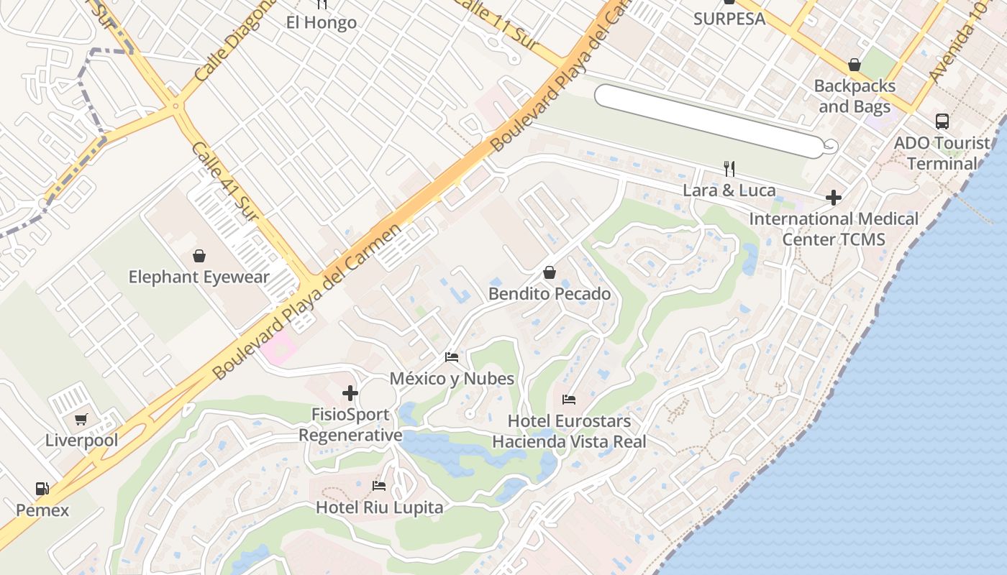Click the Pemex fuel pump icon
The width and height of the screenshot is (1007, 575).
coord(42,489)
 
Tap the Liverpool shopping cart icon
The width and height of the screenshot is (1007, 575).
coord(81,419)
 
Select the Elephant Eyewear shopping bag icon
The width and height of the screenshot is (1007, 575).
coord(199,255)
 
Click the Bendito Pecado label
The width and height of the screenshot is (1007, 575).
coord(550,294)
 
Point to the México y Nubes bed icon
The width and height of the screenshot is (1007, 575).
coord(452,356)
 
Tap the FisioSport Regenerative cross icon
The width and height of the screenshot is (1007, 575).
coord(350,393)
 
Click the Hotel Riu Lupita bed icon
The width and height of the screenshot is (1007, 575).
coord(379,486)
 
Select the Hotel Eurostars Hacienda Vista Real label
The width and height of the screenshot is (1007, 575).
coord(569,431)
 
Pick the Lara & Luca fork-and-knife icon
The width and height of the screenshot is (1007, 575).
coord(729,169)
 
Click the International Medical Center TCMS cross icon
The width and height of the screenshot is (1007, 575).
coord(834,197)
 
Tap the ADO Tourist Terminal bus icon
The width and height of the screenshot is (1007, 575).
coord(942,121)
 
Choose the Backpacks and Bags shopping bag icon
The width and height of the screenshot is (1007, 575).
coord(855,65)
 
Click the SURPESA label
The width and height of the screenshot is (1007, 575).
coord(729,19)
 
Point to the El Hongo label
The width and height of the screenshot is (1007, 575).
coord(322,22)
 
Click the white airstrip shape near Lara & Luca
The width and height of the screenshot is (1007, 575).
coord(708,120)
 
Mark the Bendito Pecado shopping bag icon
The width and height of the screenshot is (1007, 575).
coord(550,272)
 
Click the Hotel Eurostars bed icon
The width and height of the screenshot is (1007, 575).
coord(569,399)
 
